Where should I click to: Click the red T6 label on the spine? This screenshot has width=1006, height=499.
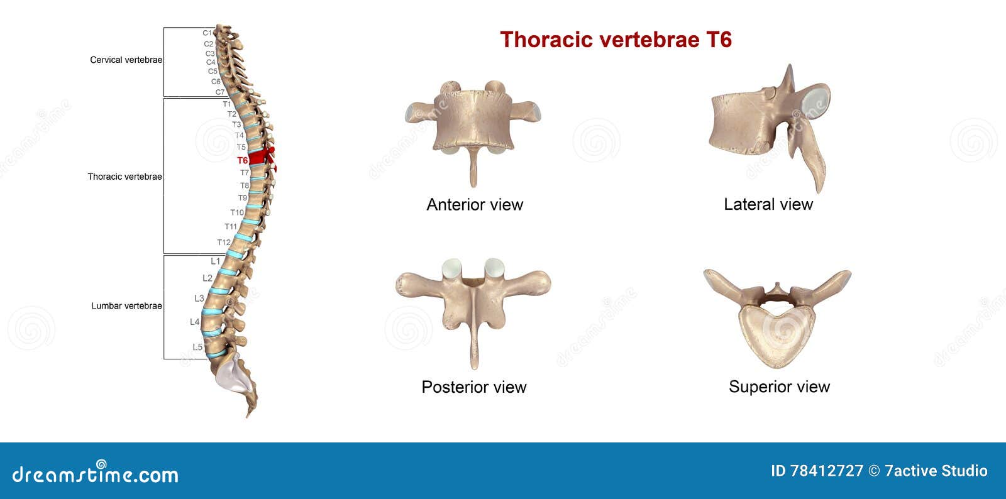[x=242, y=160]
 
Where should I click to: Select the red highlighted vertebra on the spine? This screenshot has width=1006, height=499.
[x=258, y=157]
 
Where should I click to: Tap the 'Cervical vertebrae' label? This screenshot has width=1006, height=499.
[x=126, y=60]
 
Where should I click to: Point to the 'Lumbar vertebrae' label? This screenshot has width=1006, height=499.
[x=126, y=306]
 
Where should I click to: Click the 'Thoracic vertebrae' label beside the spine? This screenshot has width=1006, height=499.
[x=124, y=177]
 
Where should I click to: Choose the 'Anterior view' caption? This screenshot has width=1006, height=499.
[x=475, y=204]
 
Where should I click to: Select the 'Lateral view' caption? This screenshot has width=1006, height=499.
[x=768, y=204]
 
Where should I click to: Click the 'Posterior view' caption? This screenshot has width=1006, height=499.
[x=473, y=387]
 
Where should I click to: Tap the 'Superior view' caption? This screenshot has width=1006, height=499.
[x=779, y=387]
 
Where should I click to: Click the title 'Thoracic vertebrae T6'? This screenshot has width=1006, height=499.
[x=616, y=40]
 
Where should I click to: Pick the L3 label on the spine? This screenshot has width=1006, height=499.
[x=199, y=299]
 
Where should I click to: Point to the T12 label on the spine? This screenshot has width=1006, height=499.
[x=223, y=243]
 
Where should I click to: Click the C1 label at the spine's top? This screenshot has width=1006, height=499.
[x=207, y=33]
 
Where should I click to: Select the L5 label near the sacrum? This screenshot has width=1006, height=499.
[x=197, y=347]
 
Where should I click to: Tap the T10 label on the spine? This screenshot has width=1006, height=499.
[x=236, y=212]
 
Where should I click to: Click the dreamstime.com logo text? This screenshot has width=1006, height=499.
[x=95, y=474]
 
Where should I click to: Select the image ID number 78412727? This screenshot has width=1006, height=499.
[x=826, y=471]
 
